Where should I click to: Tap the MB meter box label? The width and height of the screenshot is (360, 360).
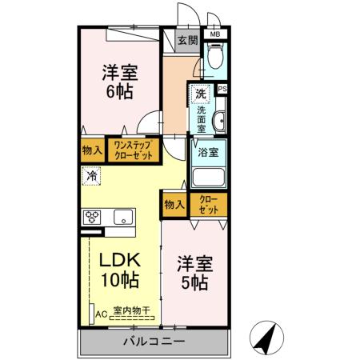[x=214, y=35]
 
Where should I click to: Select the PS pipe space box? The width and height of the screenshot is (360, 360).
[x=222, y=90]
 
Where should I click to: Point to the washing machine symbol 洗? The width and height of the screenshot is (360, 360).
[x=201, y=94]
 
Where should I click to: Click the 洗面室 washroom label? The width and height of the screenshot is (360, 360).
[x=202, y=117]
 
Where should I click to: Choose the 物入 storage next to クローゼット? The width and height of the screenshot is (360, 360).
[x=175, y=204]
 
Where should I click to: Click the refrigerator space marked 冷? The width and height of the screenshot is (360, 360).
[x=92, y=175]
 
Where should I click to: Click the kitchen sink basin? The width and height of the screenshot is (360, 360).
[x=124, y=217]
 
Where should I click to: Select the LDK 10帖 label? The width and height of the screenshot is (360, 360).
[x=119, y=270]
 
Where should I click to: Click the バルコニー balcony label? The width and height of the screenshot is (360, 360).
[x=154, y=342]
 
